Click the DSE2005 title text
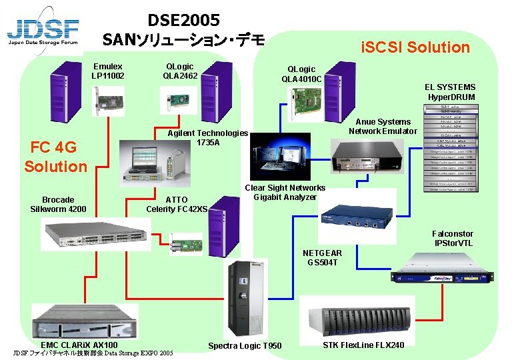(x=183, y=21)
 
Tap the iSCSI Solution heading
(x=415, y=47)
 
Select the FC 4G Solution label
(x=55, y=157)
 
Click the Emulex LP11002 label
(x=108, y=71)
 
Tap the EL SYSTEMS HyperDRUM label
(x=451, y=92)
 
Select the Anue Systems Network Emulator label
(x=383, y=126)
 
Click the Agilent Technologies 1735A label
(x=207, y=138)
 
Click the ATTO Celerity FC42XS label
(x=177, y=204)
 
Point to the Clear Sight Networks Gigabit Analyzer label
(x=285, y=193)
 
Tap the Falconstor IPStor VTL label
(x=453, y=238)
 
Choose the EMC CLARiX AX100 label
(x=79, y=345)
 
